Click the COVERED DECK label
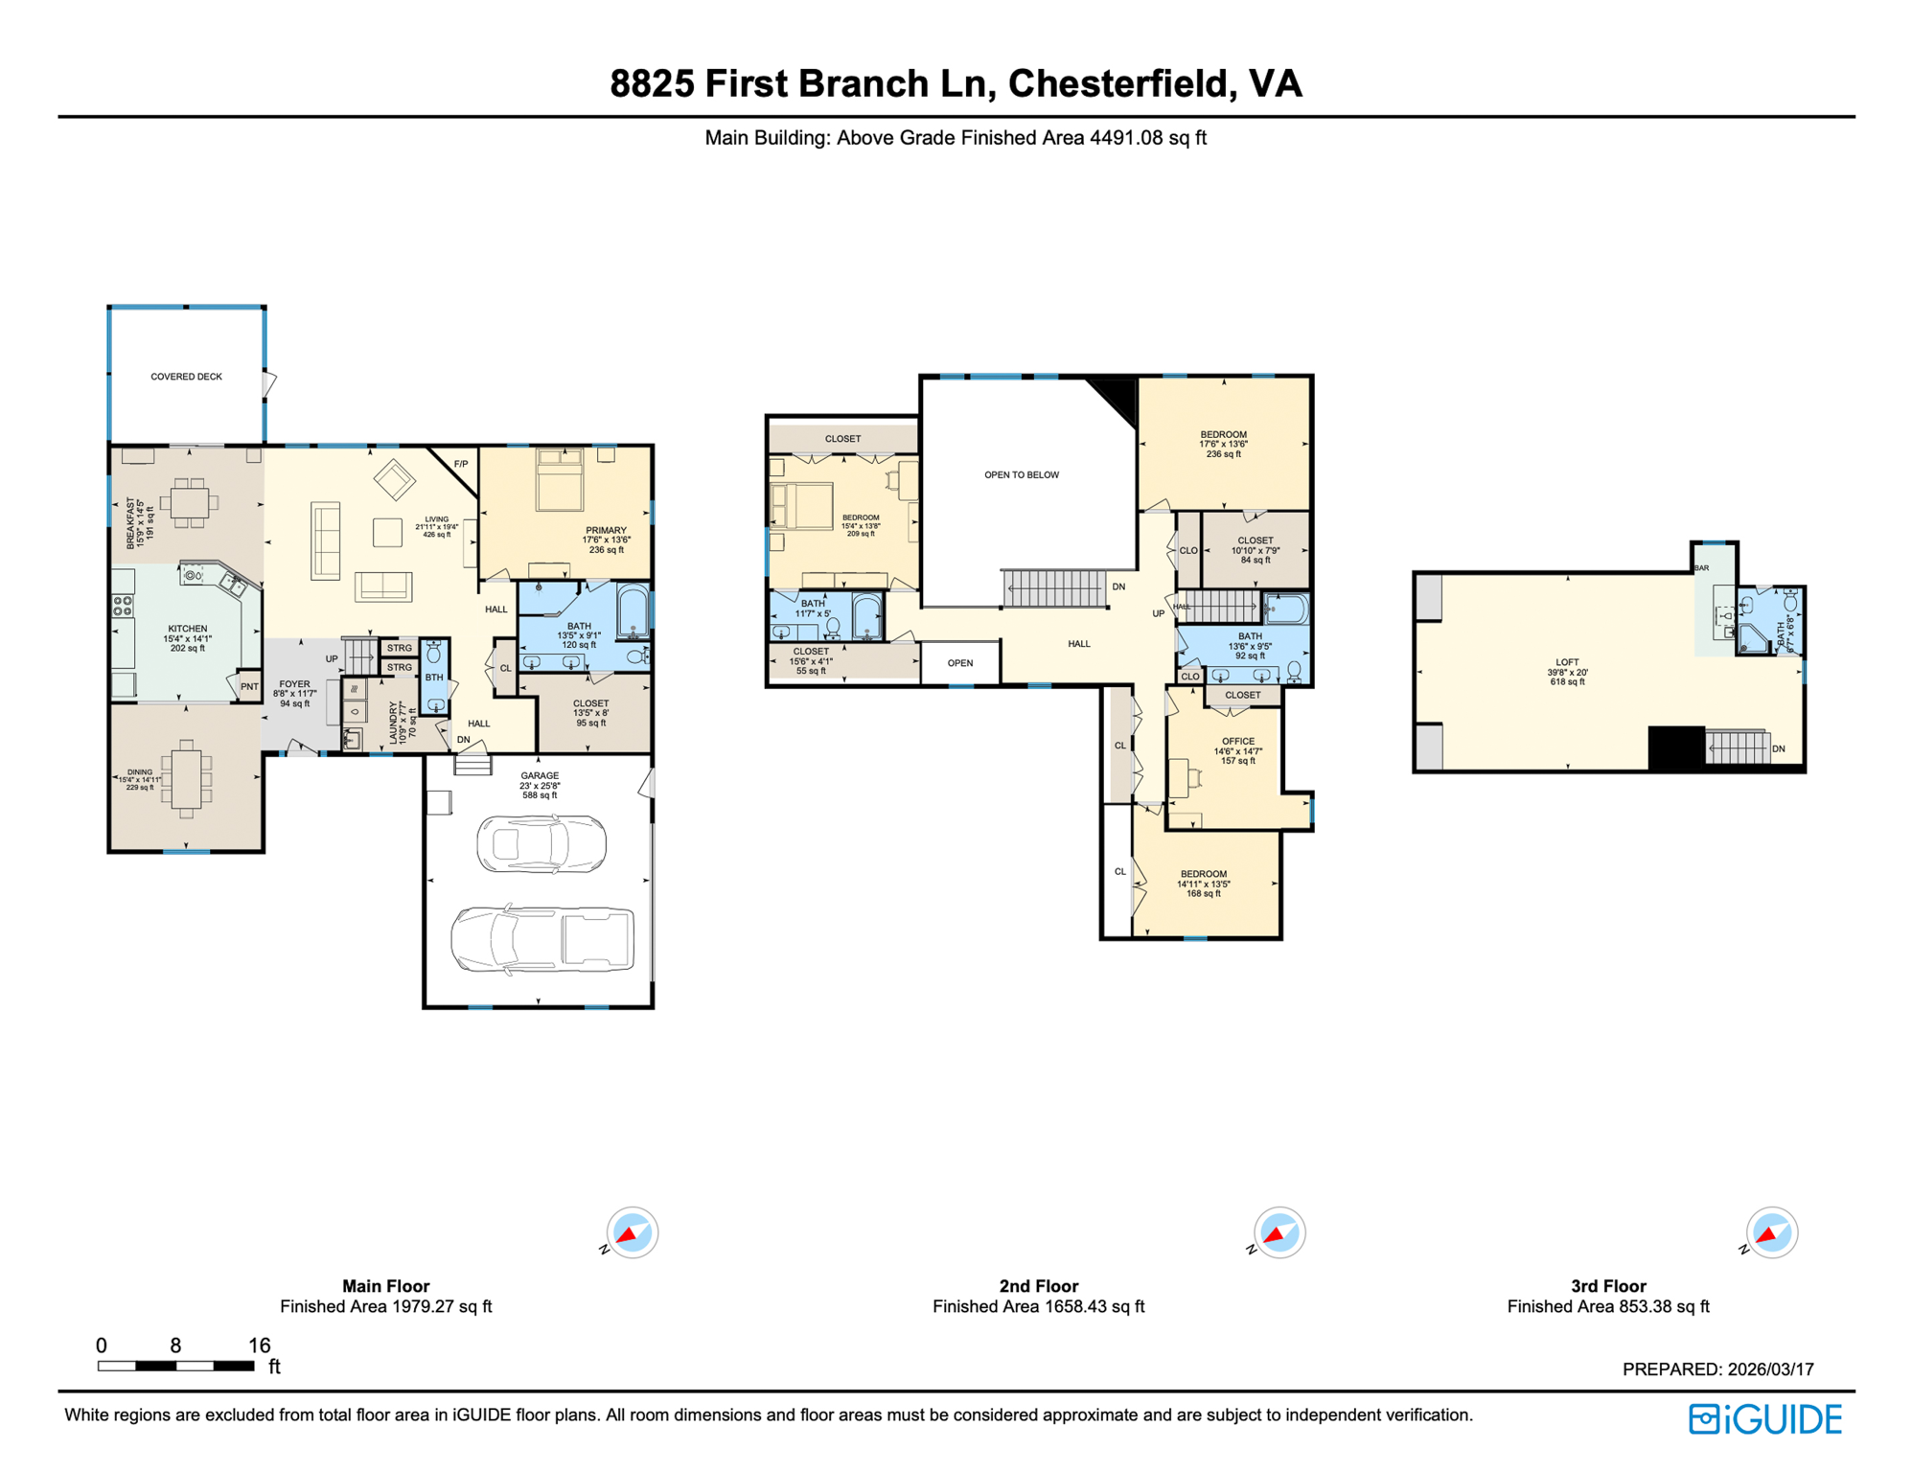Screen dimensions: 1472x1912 (x=186, y=377)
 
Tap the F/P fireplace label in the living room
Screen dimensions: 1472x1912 (x=461, y=464)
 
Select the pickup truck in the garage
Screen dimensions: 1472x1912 (x=542, y=939)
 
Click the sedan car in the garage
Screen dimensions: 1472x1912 (x=541, y=844)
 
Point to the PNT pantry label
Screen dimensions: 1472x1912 (x=249, y=686)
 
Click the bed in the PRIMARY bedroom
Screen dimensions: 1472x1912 (x=560, y=481)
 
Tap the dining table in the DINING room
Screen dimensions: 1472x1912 (x=187, y=778)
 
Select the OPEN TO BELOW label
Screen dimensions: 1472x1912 (x=1022, y=474)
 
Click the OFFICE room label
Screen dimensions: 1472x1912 (x=1237, y=741)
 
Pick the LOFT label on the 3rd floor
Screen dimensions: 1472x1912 (x=1567, y=662)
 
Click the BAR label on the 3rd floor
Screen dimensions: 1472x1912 (x=1702, y=568)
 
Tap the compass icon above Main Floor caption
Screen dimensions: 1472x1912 (x=632, y=1232)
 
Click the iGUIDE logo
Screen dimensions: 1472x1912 (x=1764, y=1419)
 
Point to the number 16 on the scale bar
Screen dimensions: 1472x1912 (x=259, y=1345)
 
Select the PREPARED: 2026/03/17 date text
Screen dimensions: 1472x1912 (x=1717, y=1369)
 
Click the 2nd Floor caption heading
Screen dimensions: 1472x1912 (x=1038, y=1286)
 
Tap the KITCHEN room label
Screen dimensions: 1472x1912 (x=187, y=629)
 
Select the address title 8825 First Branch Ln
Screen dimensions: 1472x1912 (x=955, y=83)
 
